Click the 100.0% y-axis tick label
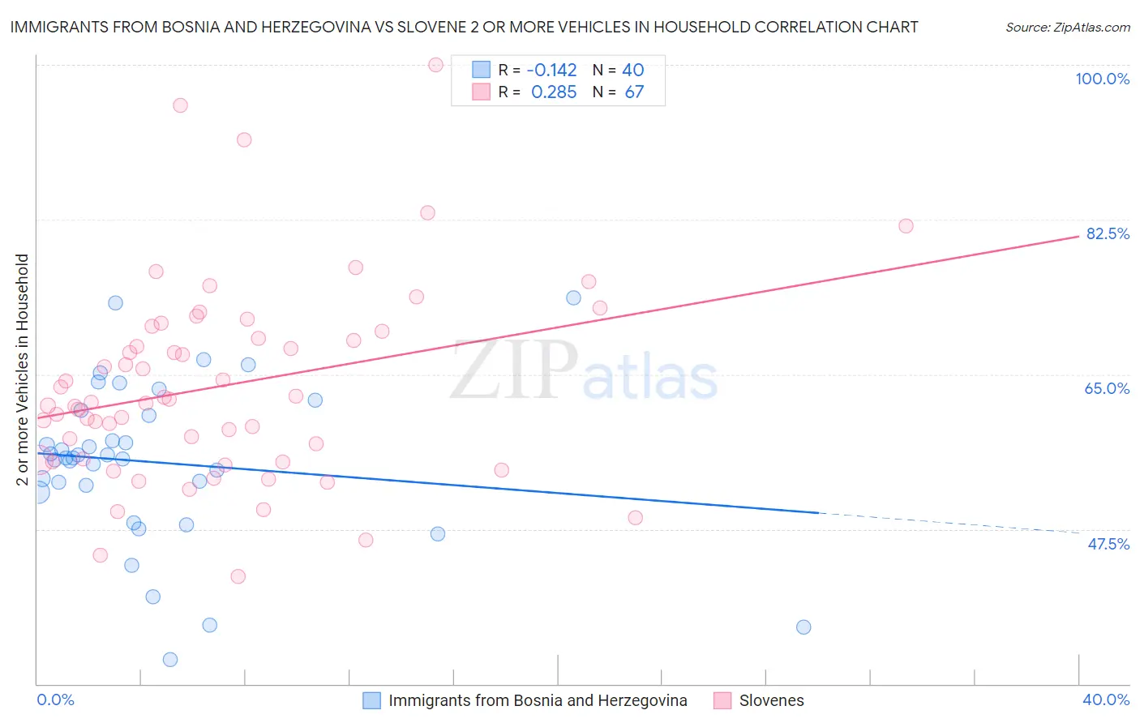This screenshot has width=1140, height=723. coord(1102,79)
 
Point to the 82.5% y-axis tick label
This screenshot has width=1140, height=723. coord(1108,233)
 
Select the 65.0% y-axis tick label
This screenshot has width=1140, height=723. coord(1107,388)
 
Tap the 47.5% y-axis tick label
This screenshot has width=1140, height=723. coord(1108,544)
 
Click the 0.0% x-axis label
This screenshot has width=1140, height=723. coord(55,699)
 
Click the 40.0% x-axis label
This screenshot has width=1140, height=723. coord(1105,699)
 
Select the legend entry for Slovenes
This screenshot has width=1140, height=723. coord(771,700)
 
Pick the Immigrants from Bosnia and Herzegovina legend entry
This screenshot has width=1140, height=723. coord(537,700)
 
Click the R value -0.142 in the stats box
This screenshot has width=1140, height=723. coord(551,70)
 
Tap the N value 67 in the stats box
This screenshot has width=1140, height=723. coord(634,92)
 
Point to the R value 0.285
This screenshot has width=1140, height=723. coord(554,92)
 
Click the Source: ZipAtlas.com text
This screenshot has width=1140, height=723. coord(1067,28)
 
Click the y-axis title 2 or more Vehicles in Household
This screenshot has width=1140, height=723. coord(23,370)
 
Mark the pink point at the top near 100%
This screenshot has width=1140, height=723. coord(435,65)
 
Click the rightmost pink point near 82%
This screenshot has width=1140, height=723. coord(906,226)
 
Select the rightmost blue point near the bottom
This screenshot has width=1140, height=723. coord(804,627)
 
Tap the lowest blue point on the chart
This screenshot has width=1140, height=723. coord(170,660)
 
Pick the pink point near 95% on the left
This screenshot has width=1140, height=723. coord(180,105)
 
